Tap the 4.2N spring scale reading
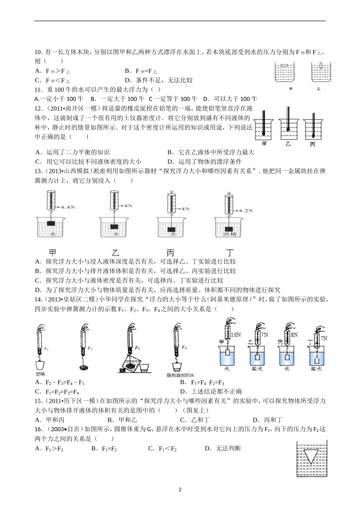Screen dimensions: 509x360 (x=246, y=211)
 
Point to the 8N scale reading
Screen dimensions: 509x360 (x=294, y=335)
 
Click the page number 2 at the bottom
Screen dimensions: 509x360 (x=180, y=489)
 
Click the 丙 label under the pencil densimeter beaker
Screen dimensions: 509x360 (x=312, y=144)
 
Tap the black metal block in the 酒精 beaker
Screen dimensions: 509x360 (x=229, y=229)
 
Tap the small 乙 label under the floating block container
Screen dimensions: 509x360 (x=319, y=89)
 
